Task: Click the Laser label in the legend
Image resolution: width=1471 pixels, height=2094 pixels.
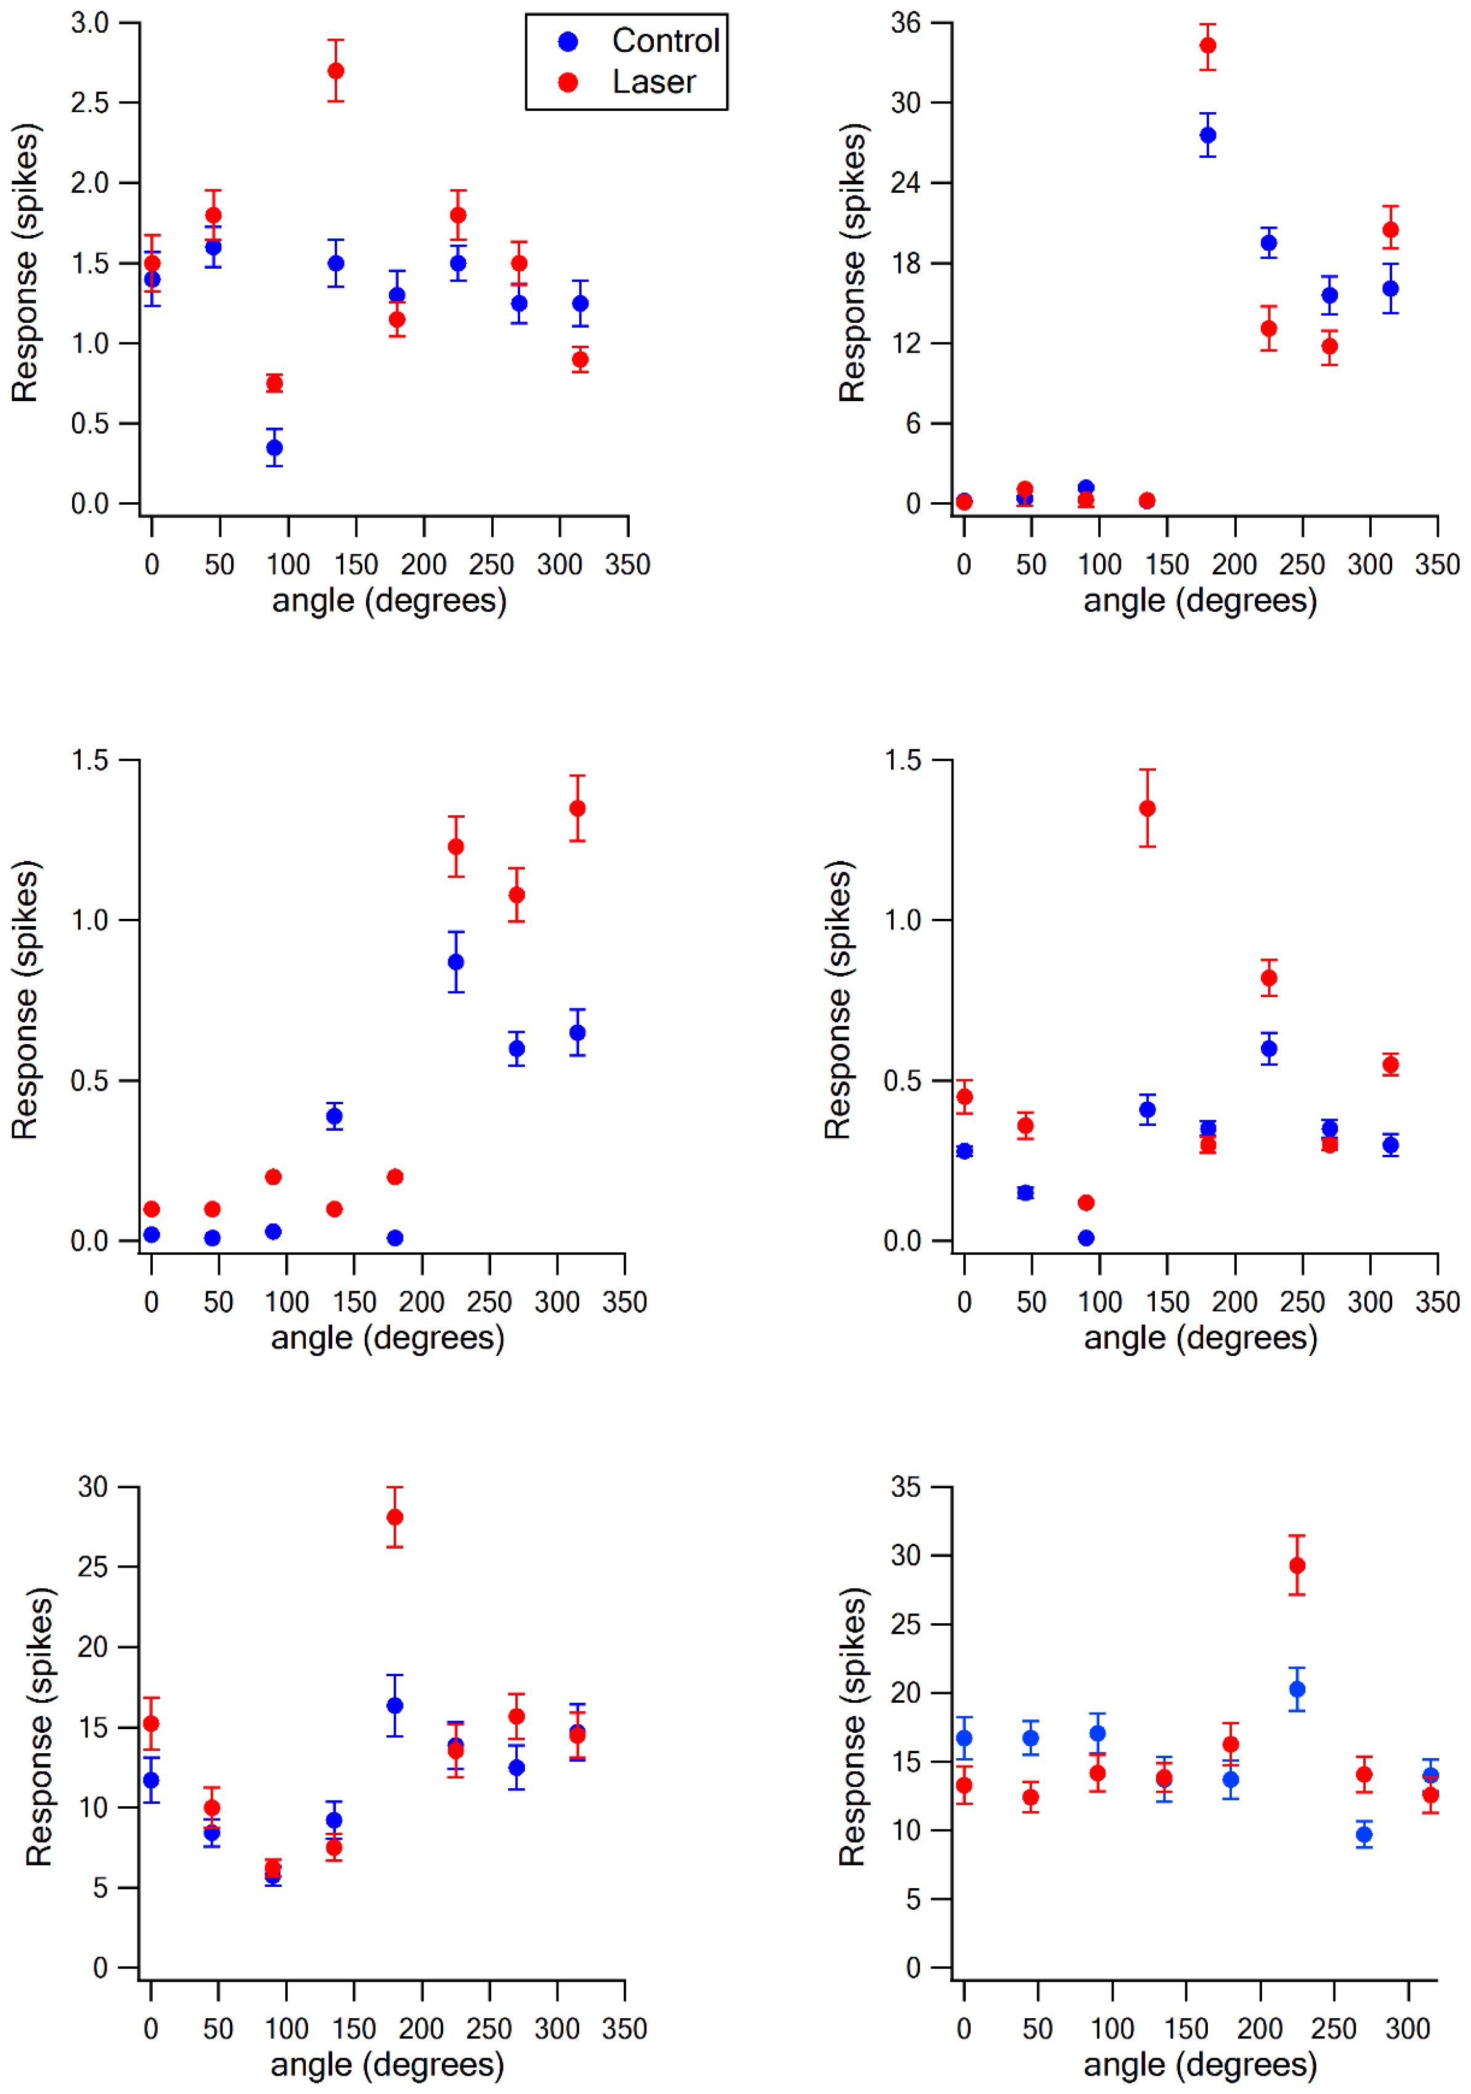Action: [x=653, y=82]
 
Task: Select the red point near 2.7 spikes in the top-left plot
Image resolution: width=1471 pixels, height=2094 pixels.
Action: [x=336, y=70]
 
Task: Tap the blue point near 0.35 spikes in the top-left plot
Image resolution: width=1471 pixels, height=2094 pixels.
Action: [x=274, y=447]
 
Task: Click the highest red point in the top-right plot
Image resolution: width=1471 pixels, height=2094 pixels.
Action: [x=1207, y=46]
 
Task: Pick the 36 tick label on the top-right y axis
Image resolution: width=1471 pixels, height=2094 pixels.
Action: [x=905, y=23]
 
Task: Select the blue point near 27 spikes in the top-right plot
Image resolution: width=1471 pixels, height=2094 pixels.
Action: [x=1207, y=135]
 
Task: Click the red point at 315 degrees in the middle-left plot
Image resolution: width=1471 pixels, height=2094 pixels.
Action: [x=577, y=808]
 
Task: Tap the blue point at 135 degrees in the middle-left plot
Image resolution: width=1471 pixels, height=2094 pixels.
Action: [x=334, y=1115]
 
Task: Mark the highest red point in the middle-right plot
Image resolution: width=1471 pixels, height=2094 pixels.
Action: [x=1147, y=808]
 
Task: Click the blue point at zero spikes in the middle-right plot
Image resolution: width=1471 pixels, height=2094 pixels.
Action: [x=1085, y=1237]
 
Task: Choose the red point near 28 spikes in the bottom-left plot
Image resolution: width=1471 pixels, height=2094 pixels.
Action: [x=395, y=1517]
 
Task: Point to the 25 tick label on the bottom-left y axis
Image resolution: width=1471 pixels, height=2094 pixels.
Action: [x=93, y=1567]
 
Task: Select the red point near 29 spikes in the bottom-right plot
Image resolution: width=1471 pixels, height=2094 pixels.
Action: [x=1297, y=1566]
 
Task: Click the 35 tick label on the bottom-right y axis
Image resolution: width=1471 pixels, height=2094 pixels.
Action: [x=905, y=1488]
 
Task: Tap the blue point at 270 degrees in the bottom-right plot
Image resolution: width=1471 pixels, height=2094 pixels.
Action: [x=1363, y=1834]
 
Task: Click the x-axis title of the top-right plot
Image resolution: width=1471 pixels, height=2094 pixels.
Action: [x=1200, y=600]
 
